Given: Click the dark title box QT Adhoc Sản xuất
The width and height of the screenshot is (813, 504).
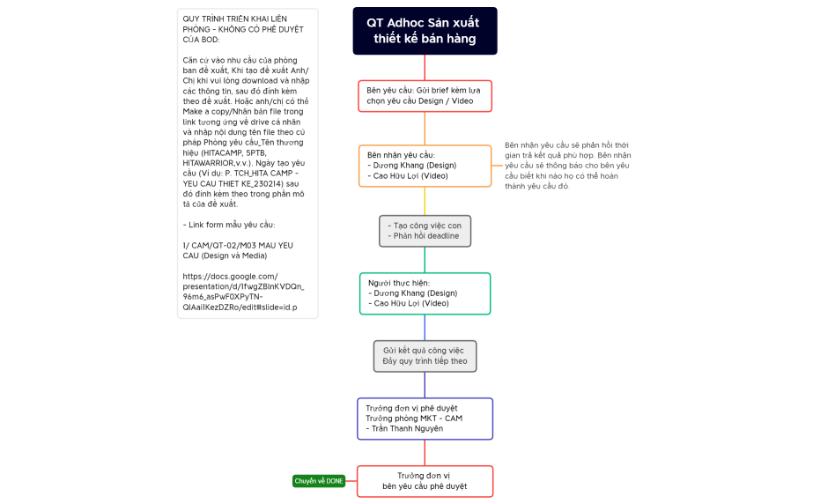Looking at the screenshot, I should click(x=425, y=31).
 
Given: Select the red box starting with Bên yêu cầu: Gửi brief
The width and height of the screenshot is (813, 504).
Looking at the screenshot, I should click(x=425, y=96).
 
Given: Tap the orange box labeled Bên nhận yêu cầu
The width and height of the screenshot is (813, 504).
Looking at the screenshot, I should click(x=425, y=166).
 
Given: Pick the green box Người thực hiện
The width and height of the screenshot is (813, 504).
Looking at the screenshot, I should click(x=425, y=293).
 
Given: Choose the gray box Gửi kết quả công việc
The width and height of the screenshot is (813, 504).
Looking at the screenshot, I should click(x=425, y=356).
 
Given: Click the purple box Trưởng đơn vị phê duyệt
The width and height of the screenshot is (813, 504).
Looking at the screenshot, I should click(x=425, y=419).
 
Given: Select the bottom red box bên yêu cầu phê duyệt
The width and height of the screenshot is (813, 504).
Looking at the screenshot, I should click(x=425, y=481).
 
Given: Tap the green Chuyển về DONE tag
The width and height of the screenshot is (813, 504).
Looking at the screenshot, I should click(x=319, y=481).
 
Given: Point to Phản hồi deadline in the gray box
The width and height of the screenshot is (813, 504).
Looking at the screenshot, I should click(x=426, y=236).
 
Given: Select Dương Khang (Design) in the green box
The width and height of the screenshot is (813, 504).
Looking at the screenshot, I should click(x=415, y=293).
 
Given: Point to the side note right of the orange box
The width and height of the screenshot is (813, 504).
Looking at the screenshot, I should click(x=567, y=166).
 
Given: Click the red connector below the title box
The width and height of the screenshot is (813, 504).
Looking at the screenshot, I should click(x=425, y=67).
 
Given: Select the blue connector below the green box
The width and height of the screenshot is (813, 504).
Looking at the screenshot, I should click(x=425, y=328).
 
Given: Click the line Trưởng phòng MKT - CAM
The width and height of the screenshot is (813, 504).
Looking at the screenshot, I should click(x=414, y=419).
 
